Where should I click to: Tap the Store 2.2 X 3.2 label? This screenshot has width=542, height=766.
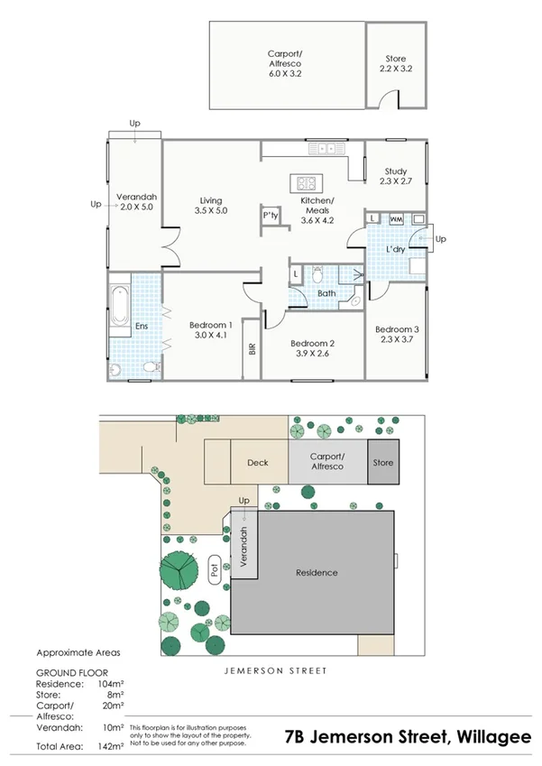point(396,63)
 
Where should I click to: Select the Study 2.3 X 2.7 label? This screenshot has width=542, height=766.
point(395,176)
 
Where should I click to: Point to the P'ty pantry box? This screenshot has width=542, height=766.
point(270,216)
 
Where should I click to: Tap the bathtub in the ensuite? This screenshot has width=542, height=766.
point(118,306)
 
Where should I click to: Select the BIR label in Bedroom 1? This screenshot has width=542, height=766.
point(253,347)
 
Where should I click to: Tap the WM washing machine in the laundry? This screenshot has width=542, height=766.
point(395,218)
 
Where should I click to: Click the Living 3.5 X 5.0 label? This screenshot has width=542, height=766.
point(211,206)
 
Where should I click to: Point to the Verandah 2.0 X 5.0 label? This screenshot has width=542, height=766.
point(137,202)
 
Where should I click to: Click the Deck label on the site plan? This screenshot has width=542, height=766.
point(258,463)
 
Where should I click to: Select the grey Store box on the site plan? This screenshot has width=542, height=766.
point(383,463)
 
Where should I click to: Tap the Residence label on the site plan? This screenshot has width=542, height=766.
point(317,572)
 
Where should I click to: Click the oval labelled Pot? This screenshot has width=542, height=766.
point(215,570)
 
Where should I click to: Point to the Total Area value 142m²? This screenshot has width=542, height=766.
point(110,746)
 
